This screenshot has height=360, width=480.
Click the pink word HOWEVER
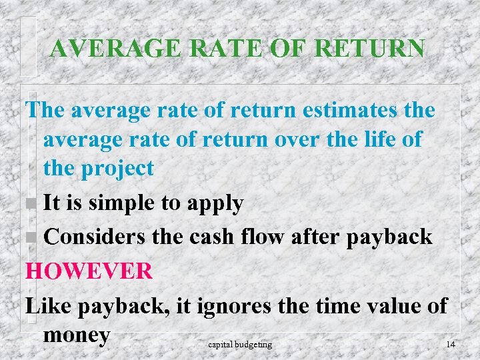[x=89, y=271]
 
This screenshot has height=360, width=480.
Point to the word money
[x=76, y=335]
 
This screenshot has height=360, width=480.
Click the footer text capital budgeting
[x=240, y=344]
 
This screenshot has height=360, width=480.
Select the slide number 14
[x=451, y=344]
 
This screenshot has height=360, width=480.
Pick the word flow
[x=270, y=237]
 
